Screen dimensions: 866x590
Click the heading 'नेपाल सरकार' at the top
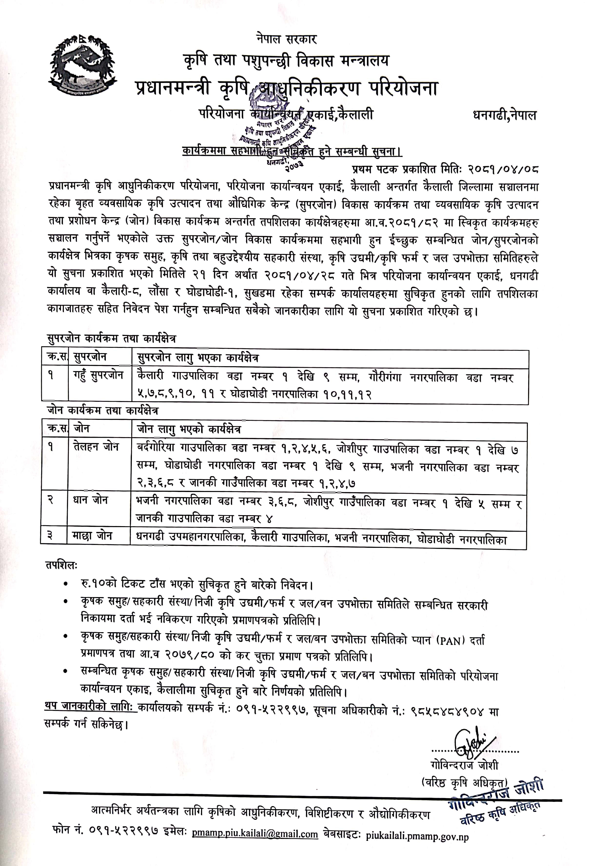[286, 39]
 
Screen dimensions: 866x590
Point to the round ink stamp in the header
[276, 127]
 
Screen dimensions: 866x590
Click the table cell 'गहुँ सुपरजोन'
[98, 375]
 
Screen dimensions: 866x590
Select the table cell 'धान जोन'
[90, 500]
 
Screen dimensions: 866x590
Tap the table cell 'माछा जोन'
[92, 535]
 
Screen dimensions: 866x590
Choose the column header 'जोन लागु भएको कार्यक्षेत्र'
[189, 429]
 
